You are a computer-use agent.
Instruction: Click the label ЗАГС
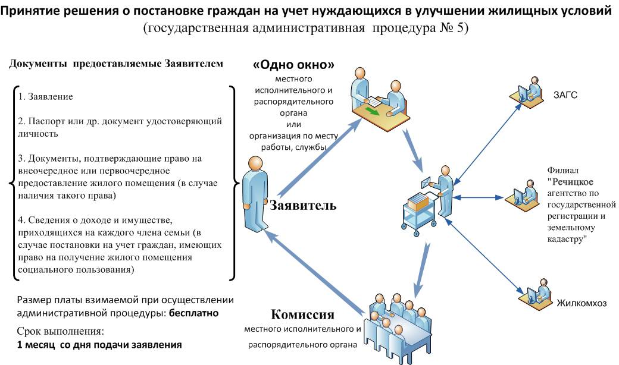click(x=565, y=95)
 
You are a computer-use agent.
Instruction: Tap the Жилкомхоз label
click(x=582, y=303)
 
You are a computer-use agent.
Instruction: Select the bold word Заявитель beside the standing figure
click(x=303, y=205)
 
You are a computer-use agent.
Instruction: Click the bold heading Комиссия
click(x=302, y=314)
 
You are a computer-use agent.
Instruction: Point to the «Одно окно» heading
click(x=293, y=65)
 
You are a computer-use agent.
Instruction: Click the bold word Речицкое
click(x=573, y=182)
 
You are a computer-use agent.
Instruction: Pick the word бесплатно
click(x=193, y=313)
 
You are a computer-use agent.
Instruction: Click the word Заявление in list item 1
click(x=51, y=96)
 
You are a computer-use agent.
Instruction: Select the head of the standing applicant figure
click(x=255, y=163)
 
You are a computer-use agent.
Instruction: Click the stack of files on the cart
click(x=418, y=201)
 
